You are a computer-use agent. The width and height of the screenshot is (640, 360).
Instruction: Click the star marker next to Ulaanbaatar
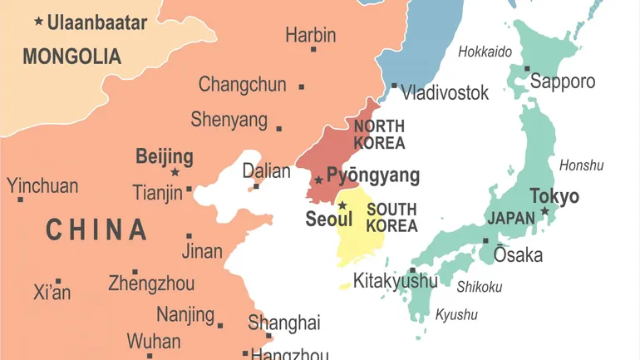pos(38,21)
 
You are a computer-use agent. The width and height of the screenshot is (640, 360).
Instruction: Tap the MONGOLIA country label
pos(71,57)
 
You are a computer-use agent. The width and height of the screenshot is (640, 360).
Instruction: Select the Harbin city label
pos(310,35)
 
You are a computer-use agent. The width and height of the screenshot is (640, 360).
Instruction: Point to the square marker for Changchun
pos(301,86)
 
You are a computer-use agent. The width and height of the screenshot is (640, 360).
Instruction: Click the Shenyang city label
pos(229,120)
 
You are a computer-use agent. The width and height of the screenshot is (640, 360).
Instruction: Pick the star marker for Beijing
pos(175,172)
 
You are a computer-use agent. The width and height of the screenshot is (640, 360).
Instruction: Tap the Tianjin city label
pos(157,193)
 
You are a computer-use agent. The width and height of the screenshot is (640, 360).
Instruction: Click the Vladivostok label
pos(445,92)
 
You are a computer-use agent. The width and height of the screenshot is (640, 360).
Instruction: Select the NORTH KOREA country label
pos(379,134)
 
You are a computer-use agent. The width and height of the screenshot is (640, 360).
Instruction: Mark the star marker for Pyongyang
pos(318,180)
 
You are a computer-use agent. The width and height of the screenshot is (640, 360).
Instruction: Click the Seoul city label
pos(329,219)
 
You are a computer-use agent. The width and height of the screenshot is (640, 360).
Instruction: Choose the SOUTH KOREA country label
pos(391,217)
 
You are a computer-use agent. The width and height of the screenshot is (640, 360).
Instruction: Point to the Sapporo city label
pos(563,81)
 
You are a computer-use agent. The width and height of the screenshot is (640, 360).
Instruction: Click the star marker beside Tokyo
pos(545,211)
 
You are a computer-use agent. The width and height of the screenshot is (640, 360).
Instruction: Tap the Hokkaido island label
pos(485,52)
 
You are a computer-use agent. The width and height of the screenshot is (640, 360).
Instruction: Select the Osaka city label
pos(517,254)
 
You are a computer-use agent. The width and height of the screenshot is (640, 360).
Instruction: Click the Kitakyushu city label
pos(395,281)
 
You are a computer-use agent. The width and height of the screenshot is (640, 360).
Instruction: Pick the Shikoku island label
pos(480,287)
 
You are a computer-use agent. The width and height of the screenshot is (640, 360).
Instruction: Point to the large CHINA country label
pos(96,229)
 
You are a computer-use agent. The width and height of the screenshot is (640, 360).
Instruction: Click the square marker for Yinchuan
pos(20,200)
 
